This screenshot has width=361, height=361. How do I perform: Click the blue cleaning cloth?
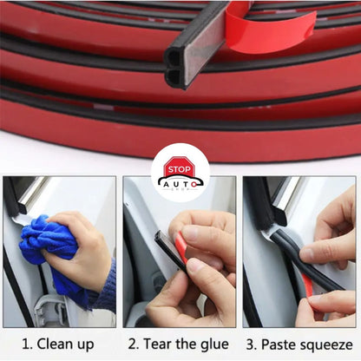[x=49, y=246]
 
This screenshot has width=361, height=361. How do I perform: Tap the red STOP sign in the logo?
[x=179, y=168]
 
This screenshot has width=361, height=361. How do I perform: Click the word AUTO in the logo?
[x=180, y=185]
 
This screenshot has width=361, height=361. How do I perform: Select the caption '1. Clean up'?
[x=58, y=345]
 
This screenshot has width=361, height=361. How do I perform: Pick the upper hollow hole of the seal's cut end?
[x=174, y=56]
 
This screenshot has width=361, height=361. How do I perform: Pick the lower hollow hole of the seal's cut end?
[x=174, y=76]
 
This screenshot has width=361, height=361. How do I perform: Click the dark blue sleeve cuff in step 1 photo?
[x=107, y=288]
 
